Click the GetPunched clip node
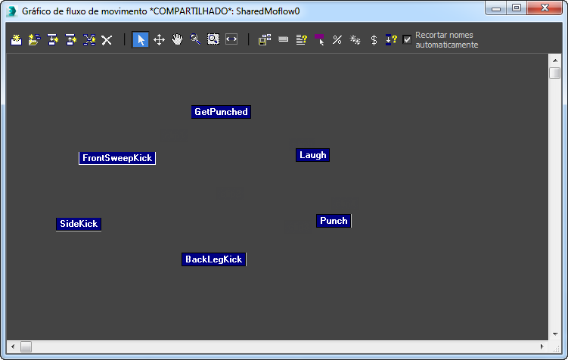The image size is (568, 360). tap(221, 112)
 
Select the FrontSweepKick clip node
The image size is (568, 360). tap(117, 158)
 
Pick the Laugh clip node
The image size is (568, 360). tap(312, 155)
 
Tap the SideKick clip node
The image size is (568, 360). tap(79, 224)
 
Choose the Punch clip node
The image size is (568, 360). tap(334, 221)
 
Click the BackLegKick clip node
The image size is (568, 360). tap(213, 259)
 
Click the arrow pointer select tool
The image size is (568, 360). tap(140, 40)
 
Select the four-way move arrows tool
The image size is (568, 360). tap(159, 40)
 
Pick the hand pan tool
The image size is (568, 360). tap(177, 40)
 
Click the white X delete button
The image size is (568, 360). tap(107, 40)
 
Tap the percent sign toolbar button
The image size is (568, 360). tap(337, 40)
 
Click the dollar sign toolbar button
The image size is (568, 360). tap(374, 40)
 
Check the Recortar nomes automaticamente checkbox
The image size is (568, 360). tap(408, 39)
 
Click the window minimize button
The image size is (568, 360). tap(497, 8)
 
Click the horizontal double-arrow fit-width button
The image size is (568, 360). tap(231, 40)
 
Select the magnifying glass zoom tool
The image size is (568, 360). tap(195, 40)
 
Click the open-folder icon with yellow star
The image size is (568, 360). tap(34, 40)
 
